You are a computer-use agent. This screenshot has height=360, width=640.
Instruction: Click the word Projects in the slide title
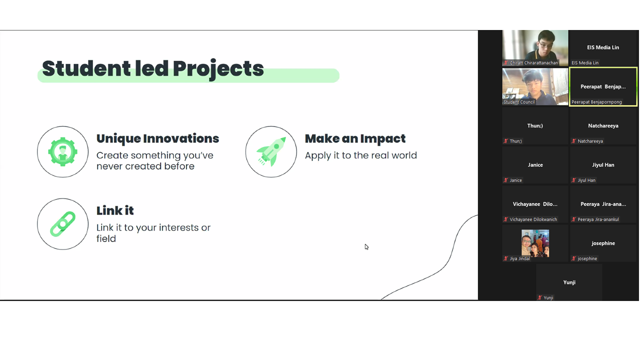point(218,69)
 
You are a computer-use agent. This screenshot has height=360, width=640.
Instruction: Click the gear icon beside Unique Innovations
point(62,151)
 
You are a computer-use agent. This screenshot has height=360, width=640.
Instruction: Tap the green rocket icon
point(271,151)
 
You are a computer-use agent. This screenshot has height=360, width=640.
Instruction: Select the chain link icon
point(63,224)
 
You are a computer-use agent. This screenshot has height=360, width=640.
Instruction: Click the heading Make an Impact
point(355,139)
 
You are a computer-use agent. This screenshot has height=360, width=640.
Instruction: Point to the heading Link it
point(115,211)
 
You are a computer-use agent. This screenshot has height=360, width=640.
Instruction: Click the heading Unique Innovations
point(157,138)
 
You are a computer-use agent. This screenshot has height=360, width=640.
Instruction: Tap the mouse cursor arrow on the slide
point(366,247)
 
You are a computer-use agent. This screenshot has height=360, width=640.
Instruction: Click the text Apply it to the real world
point(361,155)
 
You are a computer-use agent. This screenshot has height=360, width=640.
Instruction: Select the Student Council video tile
point(535,86)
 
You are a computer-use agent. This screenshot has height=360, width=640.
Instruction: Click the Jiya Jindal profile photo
point(535,243)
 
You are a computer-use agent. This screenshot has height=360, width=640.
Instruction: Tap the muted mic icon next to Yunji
point(539,297)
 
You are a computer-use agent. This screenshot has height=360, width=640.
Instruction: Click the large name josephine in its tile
point(603,243)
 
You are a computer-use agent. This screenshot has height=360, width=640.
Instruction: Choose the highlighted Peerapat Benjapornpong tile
point(603,86)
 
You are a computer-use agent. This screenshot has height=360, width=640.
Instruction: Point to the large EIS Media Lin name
point(603,47)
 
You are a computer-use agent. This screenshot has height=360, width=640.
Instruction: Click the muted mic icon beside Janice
point(505,180)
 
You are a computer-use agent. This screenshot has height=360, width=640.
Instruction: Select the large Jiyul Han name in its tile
point(603,165)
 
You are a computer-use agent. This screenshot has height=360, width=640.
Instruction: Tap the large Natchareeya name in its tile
point(603,126)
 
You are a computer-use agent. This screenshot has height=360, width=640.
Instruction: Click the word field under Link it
point(106,239)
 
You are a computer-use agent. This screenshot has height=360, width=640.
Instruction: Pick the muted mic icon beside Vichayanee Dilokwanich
point(505,219)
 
